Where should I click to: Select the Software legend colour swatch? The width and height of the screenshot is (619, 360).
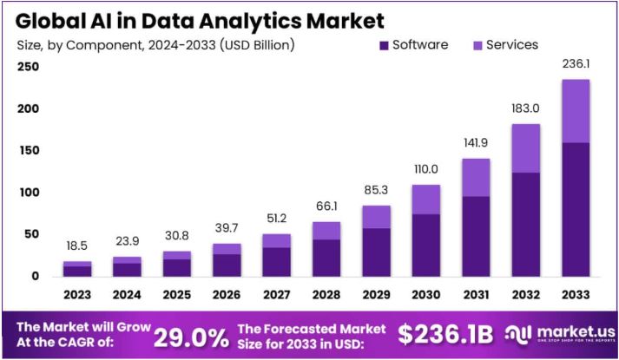(x=383, y=45)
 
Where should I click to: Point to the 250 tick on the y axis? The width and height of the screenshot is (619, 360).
(x=28, y=67)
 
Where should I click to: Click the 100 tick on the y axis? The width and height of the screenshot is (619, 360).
(x=28, y=193)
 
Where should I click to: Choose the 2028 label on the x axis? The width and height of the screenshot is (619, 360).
(x=326, y=293)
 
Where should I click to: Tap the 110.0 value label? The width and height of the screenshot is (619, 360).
(x=425, y=170)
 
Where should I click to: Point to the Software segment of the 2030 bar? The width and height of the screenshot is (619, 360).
(x=425, y=246)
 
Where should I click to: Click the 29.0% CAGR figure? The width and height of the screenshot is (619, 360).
(x=191, y=336)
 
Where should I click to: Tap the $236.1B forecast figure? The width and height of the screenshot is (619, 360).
(x=445, y=335)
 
